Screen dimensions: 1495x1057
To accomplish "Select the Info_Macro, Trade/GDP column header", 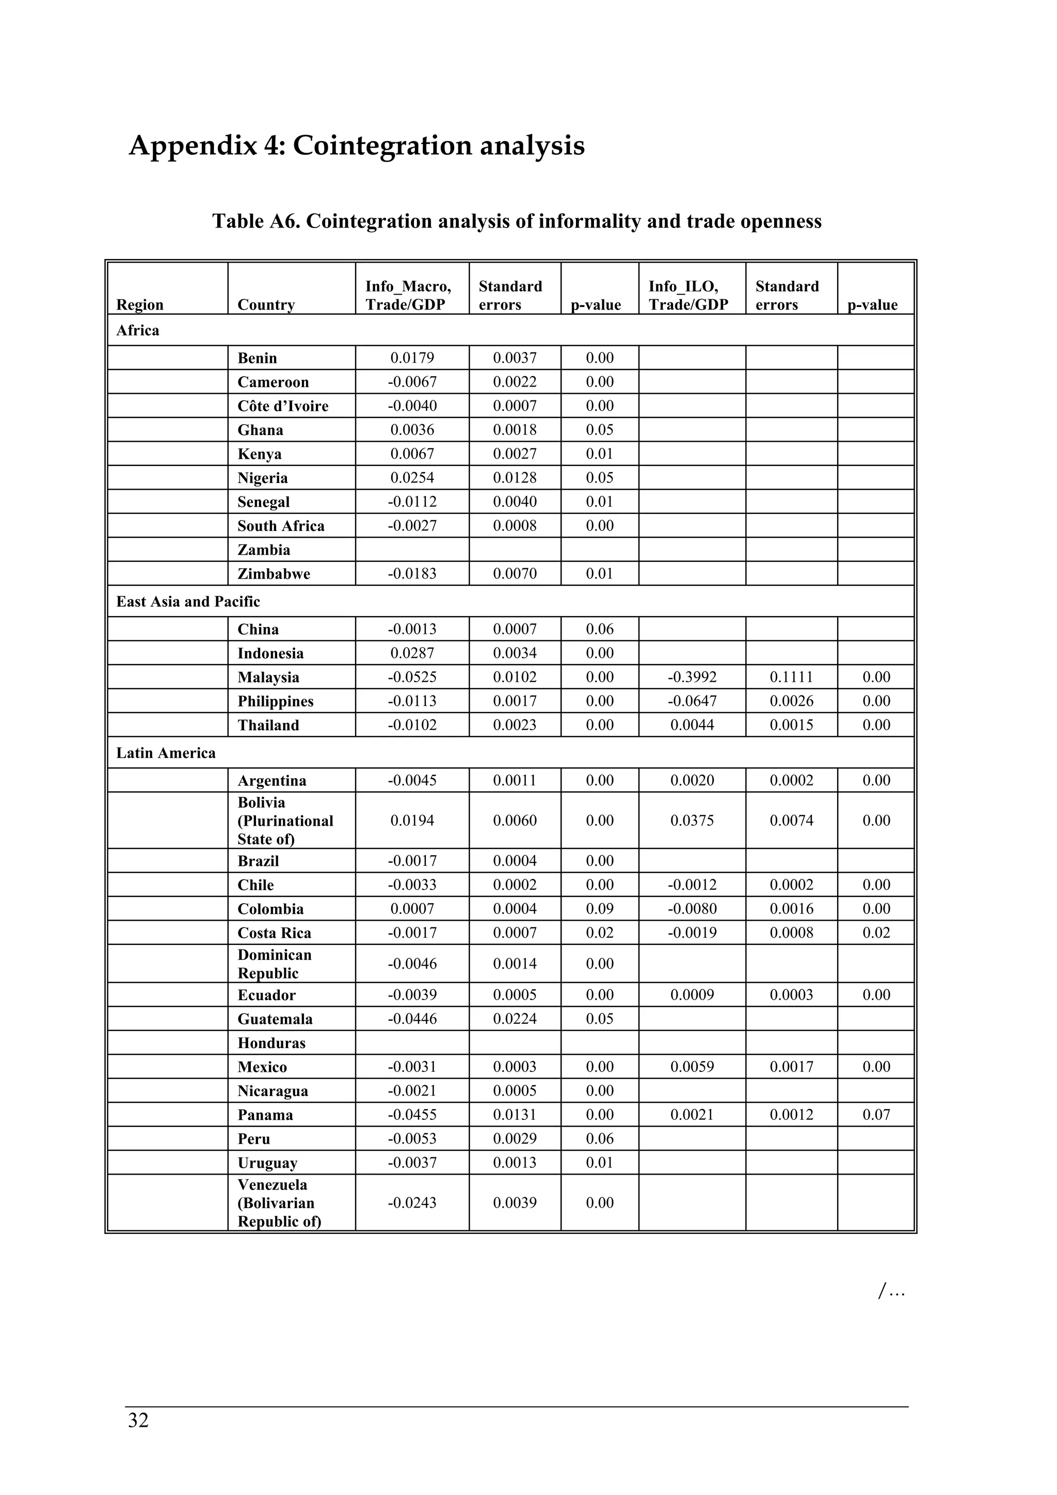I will pos(408,295).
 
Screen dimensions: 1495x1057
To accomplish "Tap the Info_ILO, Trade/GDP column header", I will pos(688,295).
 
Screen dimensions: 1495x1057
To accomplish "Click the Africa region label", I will pos(137,330).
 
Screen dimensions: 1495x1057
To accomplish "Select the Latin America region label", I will pos(166,753).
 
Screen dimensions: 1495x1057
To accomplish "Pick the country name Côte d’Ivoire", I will pos(283,406).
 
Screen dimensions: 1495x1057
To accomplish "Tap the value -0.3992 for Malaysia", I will pos(692,677).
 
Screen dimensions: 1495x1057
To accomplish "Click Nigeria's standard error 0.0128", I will pos(515,478).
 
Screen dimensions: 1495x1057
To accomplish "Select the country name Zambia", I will pos(264,550).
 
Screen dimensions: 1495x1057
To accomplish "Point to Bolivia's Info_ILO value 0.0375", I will pos(692,821).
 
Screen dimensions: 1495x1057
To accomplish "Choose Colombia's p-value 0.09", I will pos(599,909).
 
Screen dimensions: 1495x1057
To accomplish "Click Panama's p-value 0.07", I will pos(876,1115).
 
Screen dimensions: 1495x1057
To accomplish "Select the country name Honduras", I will pos(271,1043).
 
